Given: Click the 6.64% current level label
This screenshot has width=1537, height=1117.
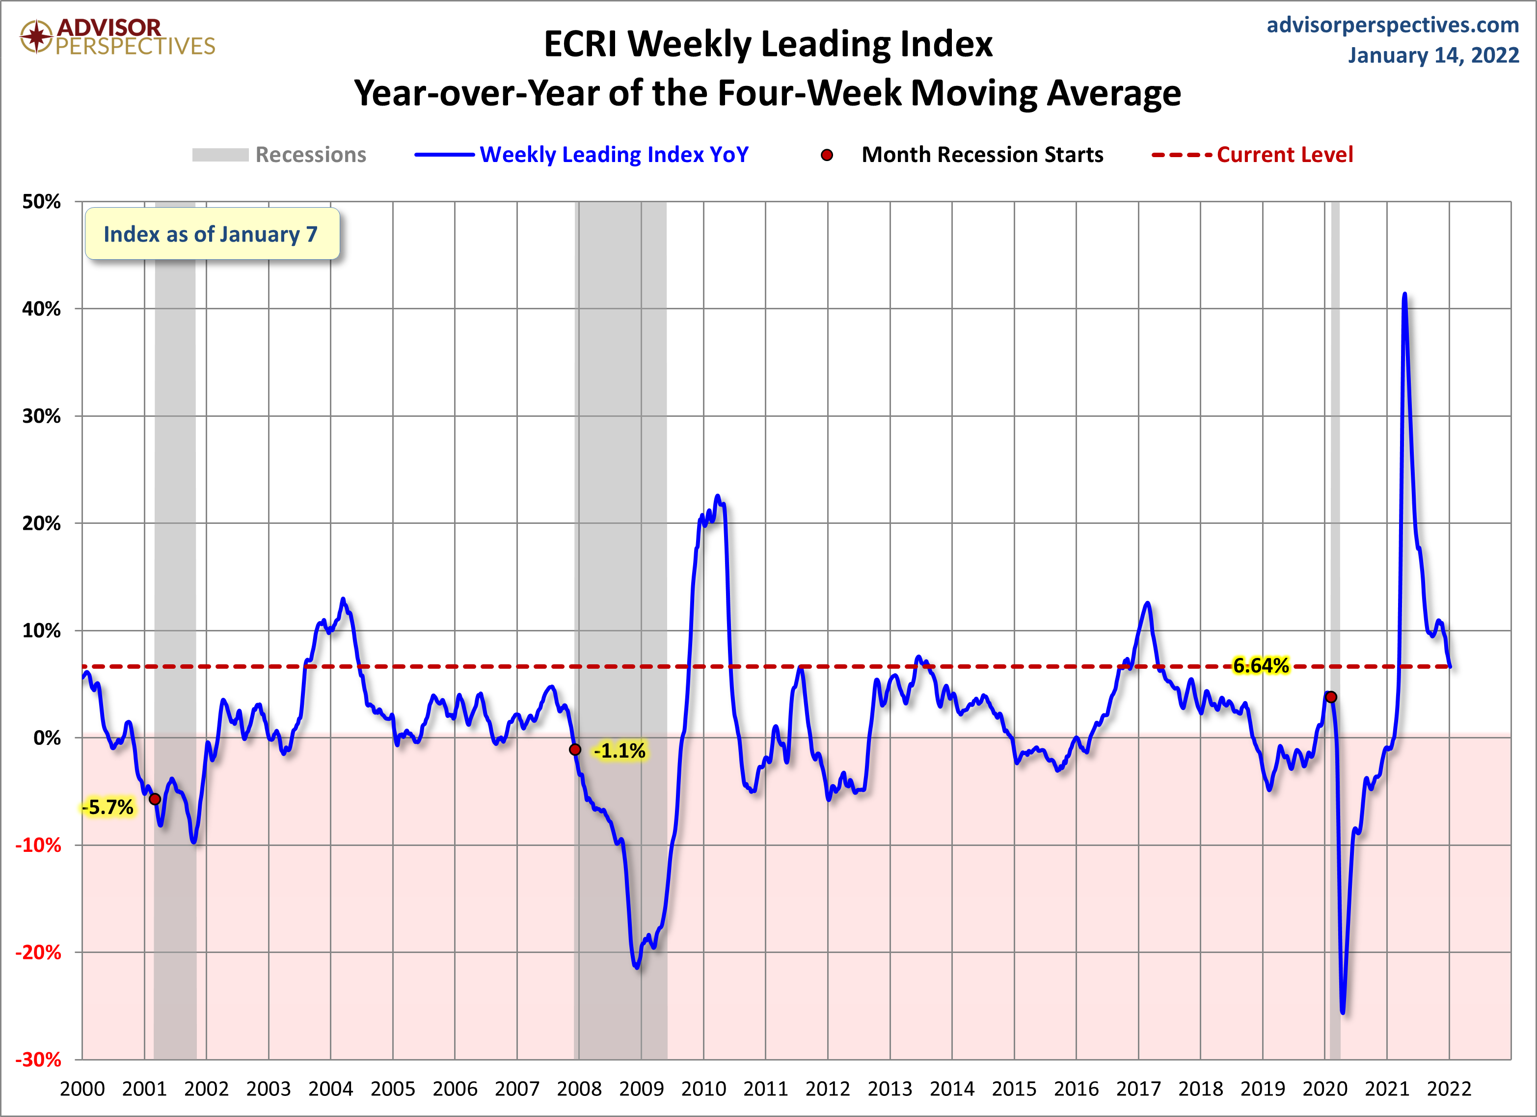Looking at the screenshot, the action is coord(1261,666).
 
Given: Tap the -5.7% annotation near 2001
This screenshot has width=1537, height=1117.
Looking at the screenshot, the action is coord(108,807).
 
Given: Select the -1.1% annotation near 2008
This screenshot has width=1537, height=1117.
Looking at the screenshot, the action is coord(620,750).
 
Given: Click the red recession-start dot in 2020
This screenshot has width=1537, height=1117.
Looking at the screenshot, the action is coord(1331,697).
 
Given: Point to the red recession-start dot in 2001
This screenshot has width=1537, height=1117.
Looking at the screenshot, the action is coord(155,799).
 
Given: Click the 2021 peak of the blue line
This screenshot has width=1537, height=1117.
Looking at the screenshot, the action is coord(1404,294).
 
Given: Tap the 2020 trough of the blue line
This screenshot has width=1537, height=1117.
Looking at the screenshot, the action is coord(1343,1012).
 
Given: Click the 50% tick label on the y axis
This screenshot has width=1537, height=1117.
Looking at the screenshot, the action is coord(41,201).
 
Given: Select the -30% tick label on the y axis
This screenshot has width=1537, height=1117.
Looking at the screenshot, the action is coord(39,1060).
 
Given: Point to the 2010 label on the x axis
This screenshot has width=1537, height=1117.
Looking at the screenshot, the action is coord(703,1089).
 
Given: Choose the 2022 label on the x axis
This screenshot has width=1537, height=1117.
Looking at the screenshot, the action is coord(1449,1089).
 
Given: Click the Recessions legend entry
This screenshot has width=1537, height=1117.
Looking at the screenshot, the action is coord(279,155).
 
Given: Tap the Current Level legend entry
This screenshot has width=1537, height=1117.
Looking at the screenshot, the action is coord(1252,155).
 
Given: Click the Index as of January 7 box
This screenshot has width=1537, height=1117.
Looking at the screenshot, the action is coord(212,233).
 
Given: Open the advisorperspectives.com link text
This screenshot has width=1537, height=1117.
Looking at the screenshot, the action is coord(1393,25).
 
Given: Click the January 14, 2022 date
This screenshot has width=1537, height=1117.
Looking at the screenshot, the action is coord(1433,55).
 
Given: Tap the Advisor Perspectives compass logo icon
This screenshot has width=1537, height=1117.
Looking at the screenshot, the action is coord(36,36).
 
